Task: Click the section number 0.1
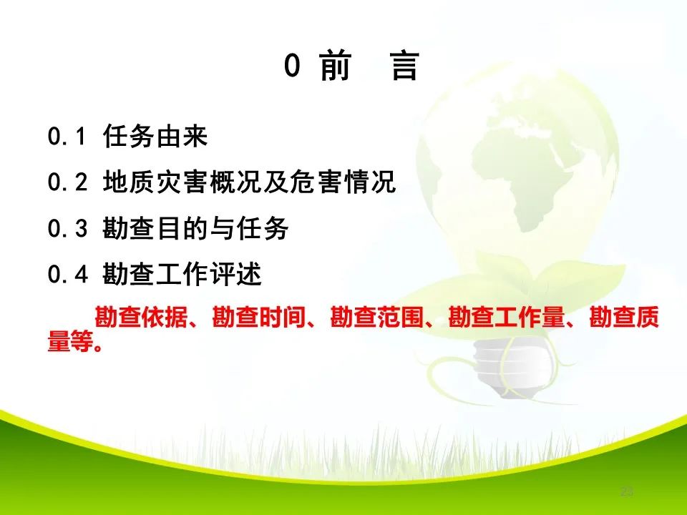click(67, 136)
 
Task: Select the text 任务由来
click(155, 136)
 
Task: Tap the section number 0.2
click(67, 182)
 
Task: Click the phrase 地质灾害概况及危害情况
click(249, 182)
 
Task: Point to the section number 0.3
click(67, 229)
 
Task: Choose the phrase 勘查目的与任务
click(195, 229)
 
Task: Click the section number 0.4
click(67, 275)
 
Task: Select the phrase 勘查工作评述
click(182, 275)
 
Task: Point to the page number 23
click(627, 491)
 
